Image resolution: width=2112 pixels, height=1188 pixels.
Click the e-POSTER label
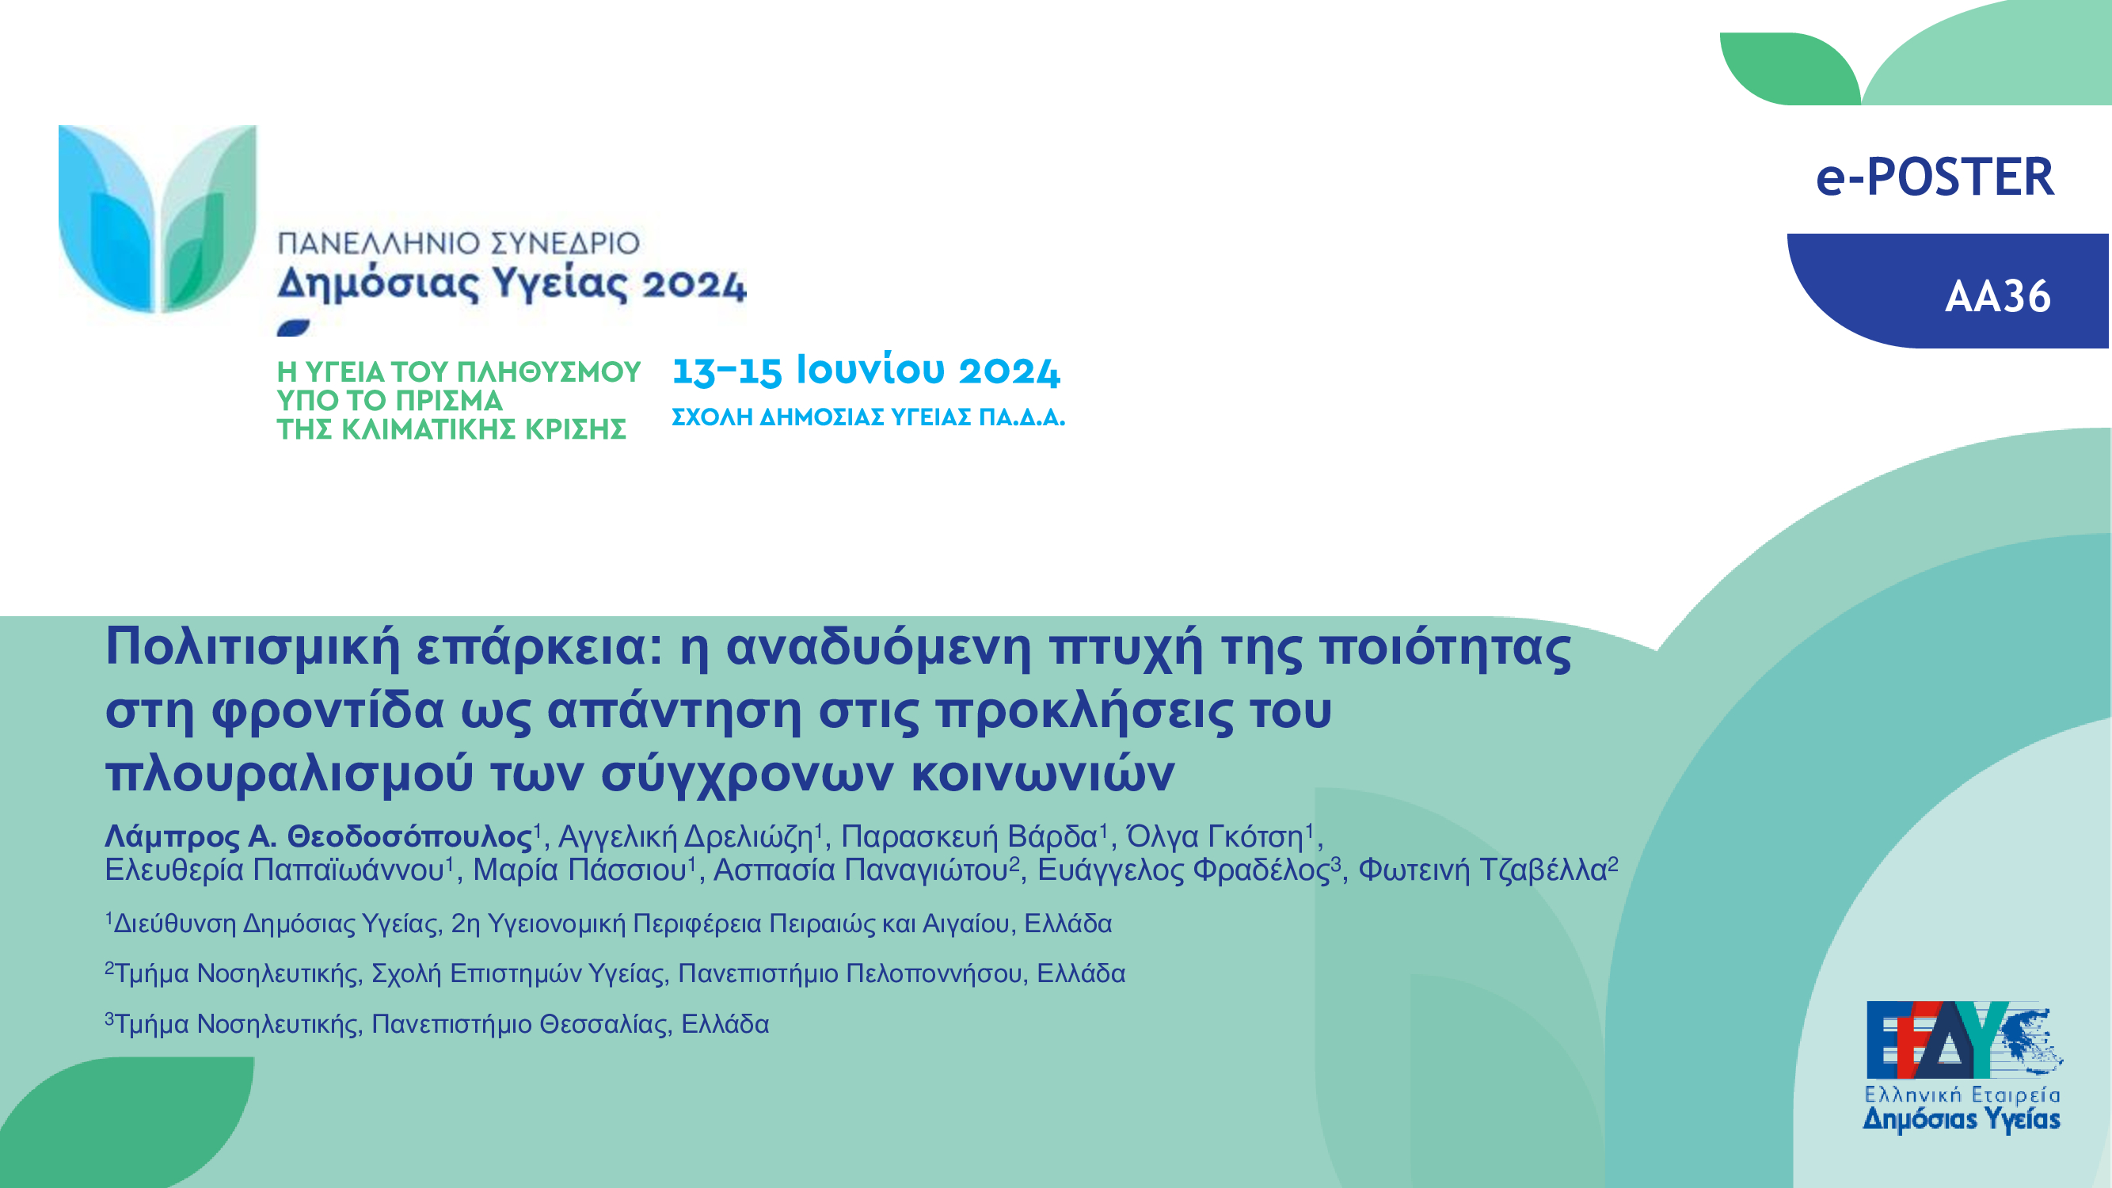(1935, 177)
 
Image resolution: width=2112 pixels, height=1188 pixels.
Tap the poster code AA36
(1998, 296)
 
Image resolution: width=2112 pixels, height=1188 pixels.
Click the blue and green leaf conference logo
(158, 219)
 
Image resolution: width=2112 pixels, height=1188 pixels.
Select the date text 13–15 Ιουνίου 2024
(866, 370)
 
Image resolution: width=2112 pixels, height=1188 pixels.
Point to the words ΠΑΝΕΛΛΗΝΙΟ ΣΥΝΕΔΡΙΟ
(459, 242)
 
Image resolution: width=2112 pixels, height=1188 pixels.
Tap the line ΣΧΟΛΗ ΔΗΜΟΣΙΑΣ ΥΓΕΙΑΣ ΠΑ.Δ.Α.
(868, 417)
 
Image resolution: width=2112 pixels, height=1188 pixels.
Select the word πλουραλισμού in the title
(289, 772)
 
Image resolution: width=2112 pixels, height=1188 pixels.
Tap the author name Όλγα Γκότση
(1215, 836)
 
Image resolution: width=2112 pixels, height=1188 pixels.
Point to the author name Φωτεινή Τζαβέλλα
(1482, 870)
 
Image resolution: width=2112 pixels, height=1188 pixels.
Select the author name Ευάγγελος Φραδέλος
(1183, 870)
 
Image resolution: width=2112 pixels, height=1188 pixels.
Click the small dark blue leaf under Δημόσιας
(294, 328)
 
